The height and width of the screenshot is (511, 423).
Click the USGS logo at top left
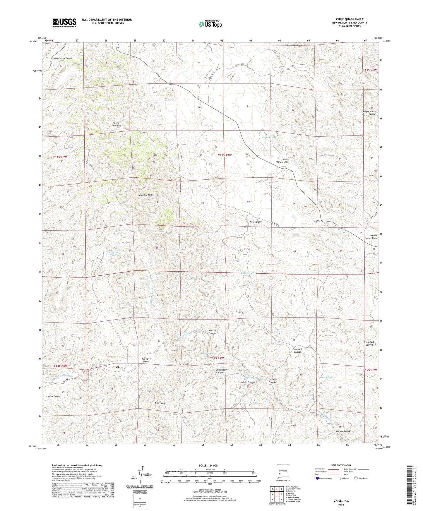click(x=64, y=23)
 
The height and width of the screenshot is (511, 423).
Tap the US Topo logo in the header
click(x=210, y=24)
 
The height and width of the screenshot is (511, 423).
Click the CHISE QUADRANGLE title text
click(x=350, y=19)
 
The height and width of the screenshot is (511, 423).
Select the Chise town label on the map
click(x=119, y=367)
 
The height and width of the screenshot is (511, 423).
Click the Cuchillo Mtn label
click(x=145, y=195)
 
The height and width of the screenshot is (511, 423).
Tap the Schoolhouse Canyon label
click(x=63, y=58)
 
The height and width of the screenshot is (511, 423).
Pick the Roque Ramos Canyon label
click(x=369, y=113)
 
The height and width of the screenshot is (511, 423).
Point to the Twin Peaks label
click(x=160, y=403)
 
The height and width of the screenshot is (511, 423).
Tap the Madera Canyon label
click(x=343, y=431)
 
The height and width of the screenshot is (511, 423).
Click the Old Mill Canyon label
click(x=298, y=351)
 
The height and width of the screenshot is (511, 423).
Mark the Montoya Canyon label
click(x=213, y=332)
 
